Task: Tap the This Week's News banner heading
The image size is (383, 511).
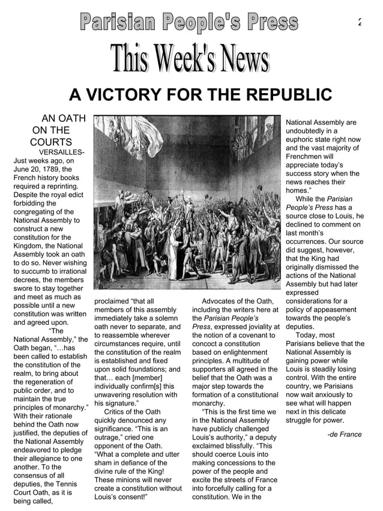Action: click(x=189, y=61)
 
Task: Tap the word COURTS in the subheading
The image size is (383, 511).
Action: click(x=50, y=142)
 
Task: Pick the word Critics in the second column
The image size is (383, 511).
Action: click(x=117, y=412)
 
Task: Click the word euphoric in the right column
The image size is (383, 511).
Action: click(x=301, y=139)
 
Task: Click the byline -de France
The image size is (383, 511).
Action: click(x=344, y=434)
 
